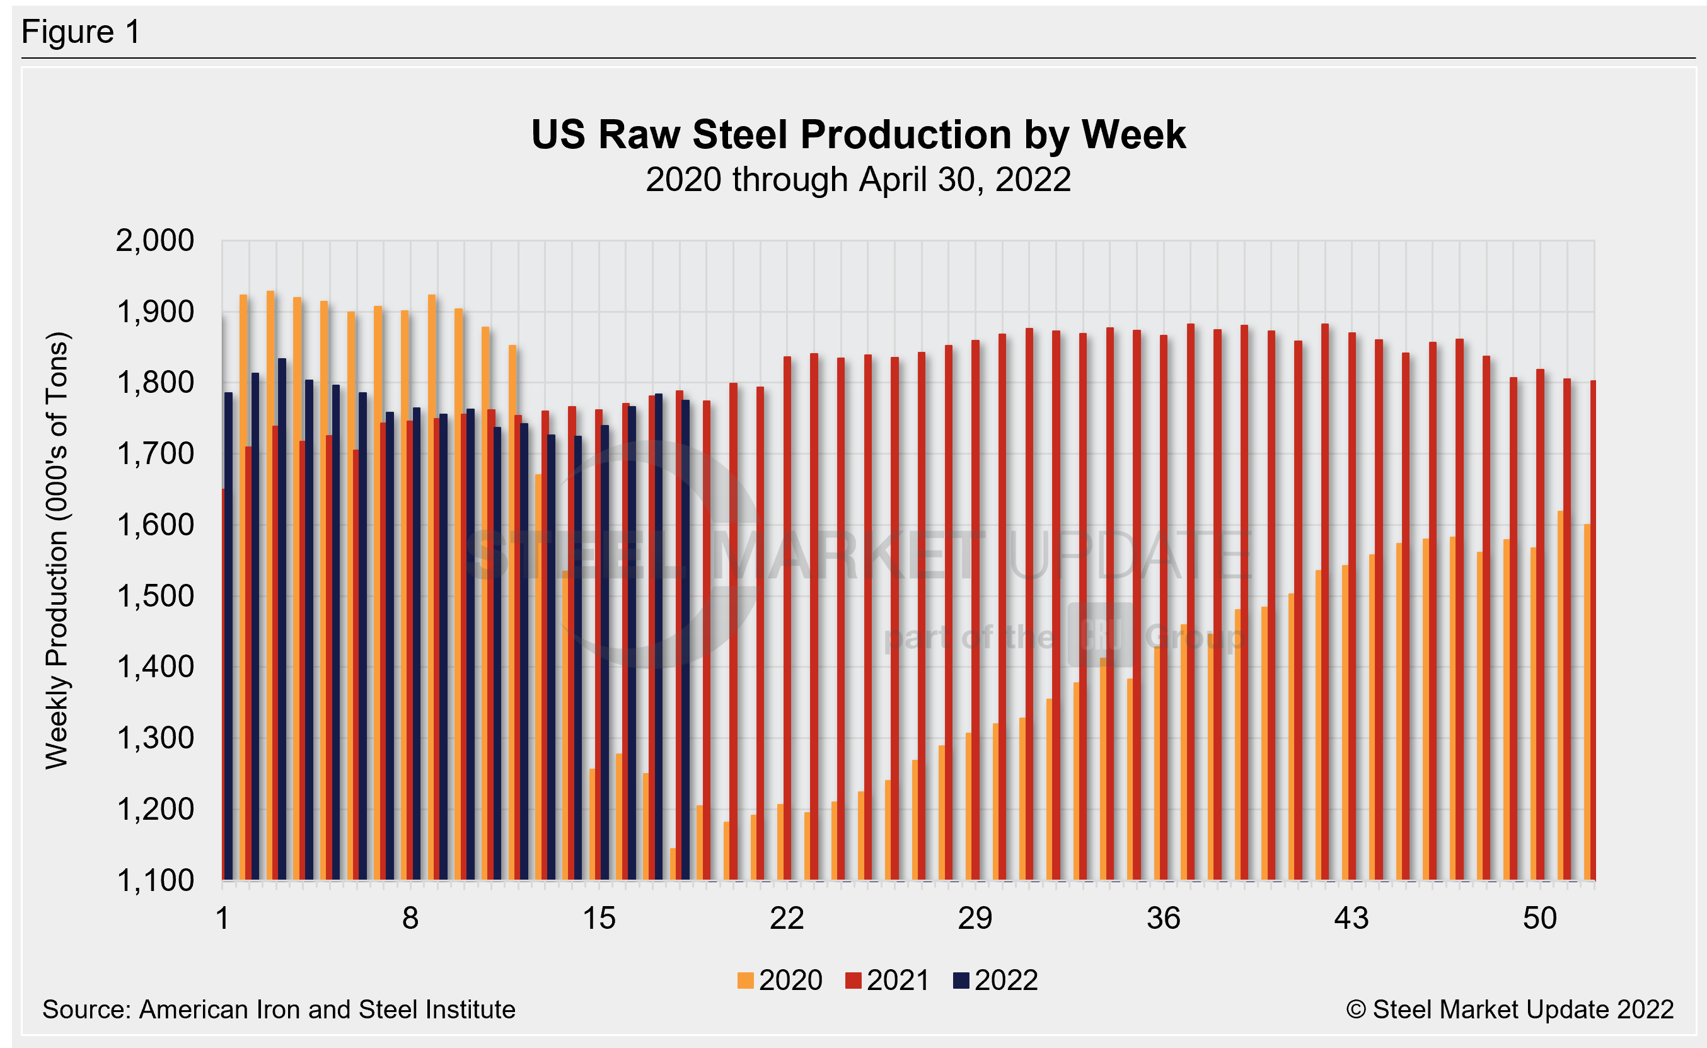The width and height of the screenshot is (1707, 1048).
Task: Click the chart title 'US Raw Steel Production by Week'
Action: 858,134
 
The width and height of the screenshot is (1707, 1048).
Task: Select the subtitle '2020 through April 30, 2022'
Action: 858,180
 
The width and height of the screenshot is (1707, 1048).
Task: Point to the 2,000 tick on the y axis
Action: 154,242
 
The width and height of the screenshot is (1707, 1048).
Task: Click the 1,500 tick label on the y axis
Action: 154,596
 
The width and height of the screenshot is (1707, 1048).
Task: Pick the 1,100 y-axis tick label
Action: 154,880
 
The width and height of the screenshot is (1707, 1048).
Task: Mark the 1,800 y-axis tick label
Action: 154,383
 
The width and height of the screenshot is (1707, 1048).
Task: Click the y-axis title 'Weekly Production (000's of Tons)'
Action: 57,551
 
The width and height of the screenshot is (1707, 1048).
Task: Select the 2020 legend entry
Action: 780,980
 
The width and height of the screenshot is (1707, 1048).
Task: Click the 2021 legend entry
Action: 888,980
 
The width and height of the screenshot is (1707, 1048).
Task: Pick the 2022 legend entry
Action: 995,980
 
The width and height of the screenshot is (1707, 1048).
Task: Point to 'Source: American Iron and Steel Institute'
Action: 279,1010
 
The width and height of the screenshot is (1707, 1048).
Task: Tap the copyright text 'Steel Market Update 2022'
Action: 1510,1010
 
